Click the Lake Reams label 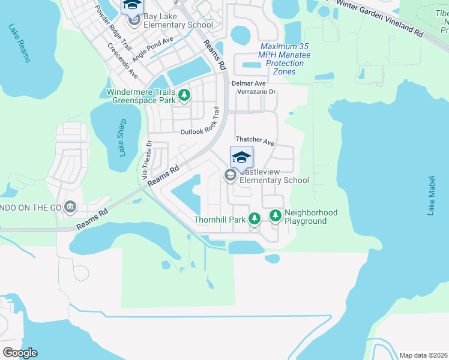coord(19,43)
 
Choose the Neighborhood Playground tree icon coord(276,215)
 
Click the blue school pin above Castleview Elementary coord(241,157)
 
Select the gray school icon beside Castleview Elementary coord(229,175)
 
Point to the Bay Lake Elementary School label coord(178,25)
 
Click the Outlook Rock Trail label coord(200,121)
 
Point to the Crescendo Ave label coord(123,61)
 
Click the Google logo coord(20,353)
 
